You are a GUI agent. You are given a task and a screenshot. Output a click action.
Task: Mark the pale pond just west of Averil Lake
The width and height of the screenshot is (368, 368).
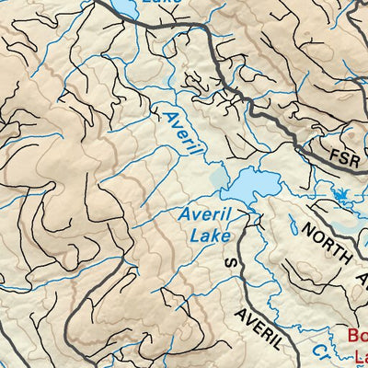(x=218, y=178)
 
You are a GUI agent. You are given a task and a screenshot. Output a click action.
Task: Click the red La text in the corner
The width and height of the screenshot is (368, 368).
(x=361, y=355)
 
